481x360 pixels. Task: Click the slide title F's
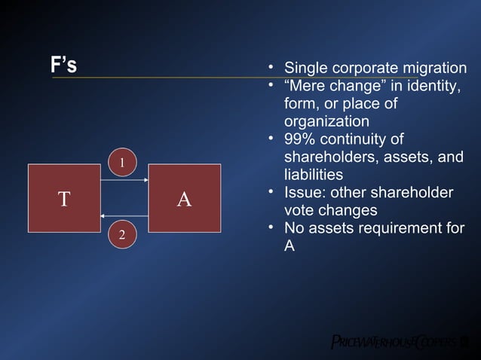click(x=63, y=66)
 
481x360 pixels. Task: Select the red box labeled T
click(x=65, y=199)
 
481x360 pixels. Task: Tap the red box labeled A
click(x=184, y=199)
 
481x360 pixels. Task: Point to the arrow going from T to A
click(x=124, y=181)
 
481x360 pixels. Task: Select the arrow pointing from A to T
click(x=124, y=216)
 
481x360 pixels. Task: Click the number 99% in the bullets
click(x=299, y=140)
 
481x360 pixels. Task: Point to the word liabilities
click(x=313, y=175)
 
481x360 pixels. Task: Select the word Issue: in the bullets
click(x=305, y=193)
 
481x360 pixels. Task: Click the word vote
click(x=303, y=211)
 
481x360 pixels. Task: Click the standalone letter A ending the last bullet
click(x=290, y=246)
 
